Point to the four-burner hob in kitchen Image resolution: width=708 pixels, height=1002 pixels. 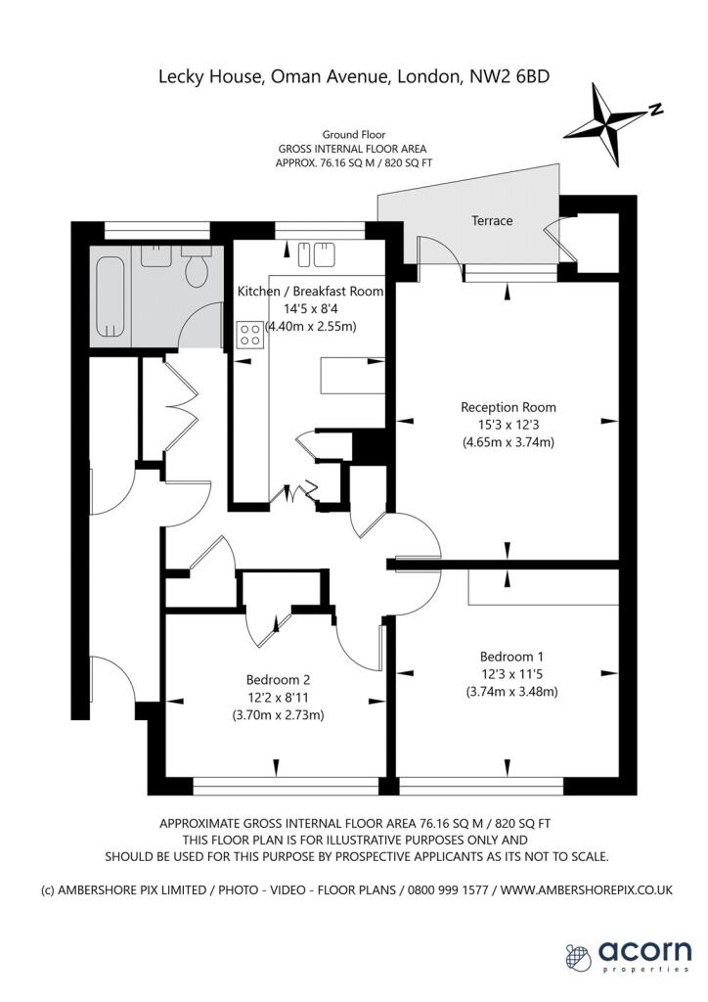[249, 334]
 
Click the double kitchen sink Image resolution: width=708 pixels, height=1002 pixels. [313, 254]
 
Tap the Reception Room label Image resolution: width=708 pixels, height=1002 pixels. [509, 407]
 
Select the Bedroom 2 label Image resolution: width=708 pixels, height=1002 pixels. [277, 679]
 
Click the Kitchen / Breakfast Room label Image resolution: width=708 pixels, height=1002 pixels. [310, 292]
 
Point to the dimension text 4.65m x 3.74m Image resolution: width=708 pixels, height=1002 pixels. [509, 442]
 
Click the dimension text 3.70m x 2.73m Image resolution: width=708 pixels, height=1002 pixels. [277, 714]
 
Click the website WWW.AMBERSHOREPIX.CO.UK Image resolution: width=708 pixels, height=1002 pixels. [589, 889]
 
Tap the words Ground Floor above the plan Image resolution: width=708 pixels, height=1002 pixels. [353, 134]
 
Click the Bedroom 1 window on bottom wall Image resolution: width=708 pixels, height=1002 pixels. [481, 784]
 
